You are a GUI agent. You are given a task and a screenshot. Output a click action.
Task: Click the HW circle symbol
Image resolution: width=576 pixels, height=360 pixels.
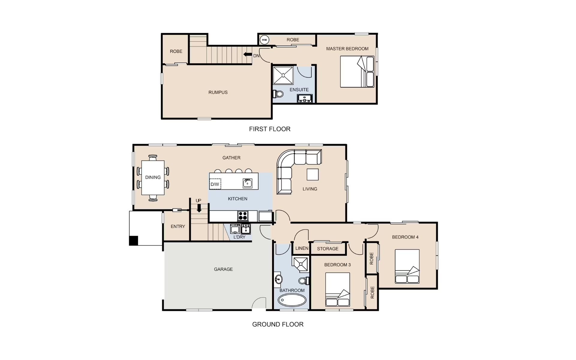[264, 40]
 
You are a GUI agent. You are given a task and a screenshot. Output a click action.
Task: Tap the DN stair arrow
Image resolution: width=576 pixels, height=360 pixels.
[247, 54]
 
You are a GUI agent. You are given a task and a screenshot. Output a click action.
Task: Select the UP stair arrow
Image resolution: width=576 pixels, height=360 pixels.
[199, 208]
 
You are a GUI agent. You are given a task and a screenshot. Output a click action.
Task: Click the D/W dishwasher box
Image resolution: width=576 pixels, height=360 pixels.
[215, 184]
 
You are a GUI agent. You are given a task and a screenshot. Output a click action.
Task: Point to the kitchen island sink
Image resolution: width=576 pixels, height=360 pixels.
[247, 183]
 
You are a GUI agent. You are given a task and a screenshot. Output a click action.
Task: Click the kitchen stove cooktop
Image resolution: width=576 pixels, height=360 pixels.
[243, 216]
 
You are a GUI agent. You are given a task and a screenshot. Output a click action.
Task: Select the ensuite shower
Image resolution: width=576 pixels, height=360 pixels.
[283, 76]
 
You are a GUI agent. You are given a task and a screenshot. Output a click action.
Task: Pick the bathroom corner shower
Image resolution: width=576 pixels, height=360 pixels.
[300, 265]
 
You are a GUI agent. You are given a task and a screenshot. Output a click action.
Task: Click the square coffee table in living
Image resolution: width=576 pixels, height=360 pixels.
[313, 174]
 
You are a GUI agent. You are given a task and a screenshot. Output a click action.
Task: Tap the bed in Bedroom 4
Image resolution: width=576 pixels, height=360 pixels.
[407, 266]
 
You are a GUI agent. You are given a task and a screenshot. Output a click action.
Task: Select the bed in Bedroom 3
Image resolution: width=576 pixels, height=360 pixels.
[337, 289]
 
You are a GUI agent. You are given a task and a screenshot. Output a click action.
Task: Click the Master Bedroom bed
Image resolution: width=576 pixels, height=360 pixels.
[357, 72]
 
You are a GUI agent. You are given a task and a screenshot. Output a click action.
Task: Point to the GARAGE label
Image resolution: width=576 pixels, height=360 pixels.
[223, 269]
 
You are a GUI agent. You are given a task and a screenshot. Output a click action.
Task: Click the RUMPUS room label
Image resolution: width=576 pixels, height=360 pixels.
[218, 92]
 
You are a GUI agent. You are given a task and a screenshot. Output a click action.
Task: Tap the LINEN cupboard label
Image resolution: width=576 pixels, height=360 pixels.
[302, 248]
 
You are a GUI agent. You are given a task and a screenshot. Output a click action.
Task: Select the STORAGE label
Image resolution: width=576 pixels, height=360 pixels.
[328, 249]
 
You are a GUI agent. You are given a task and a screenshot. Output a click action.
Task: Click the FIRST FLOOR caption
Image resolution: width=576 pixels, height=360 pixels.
[270, 129]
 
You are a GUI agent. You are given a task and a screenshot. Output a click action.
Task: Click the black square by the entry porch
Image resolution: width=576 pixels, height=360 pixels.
[133, 241]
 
